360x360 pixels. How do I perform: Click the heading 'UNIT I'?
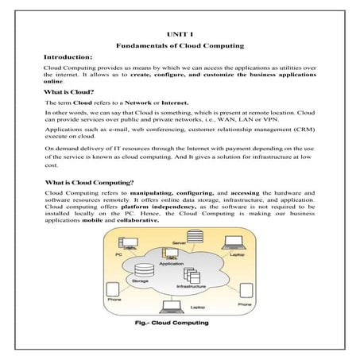pos(180,34)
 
